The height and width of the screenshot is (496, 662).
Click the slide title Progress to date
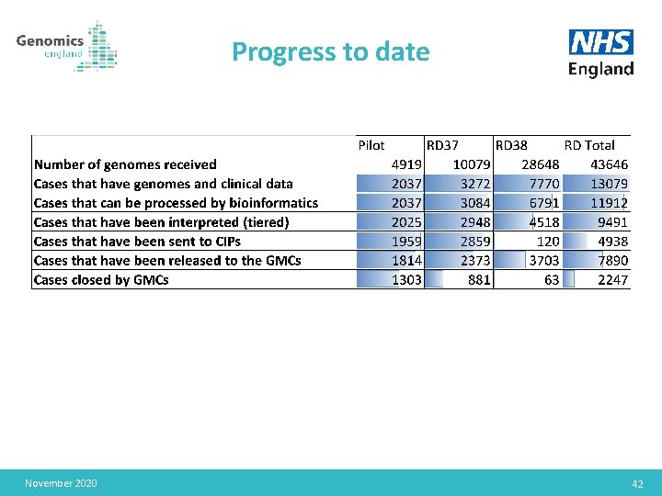coord(330,51)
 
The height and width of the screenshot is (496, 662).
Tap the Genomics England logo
coord(66,46)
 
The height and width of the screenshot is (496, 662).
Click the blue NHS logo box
coord(601,42)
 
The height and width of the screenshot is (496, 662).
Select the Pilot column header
coord(371,145)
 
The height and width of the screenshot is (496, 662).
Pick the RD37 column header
coord(443,145)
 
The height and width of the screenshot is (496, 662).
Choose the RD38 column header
coord(511,145)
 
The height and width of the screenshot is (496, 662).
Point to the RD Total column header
coord(589,145)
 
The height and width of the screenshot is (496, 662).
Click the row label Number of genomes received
coord(125,164)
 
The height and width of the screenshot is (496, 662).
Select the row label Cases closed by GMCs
coord(101,279)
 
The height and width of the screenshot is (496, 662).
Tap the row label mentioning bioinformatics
coord(176,203)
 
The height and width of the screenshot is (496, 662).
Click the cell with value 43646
coord(609,164)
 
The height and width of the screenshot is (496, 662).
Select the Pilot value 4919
coord(406,164)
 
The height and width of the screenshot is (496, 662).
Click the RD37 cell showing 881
coord(479,279)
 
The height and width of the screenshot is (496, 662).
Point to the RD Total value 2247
coord(613,279)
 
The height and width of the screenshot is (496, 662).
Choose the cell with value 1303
coord(406,279)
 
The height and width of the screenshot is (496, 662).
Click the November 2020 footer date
coord(61,483)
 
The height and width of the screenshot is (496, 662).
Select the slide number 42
coord(637,484)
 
